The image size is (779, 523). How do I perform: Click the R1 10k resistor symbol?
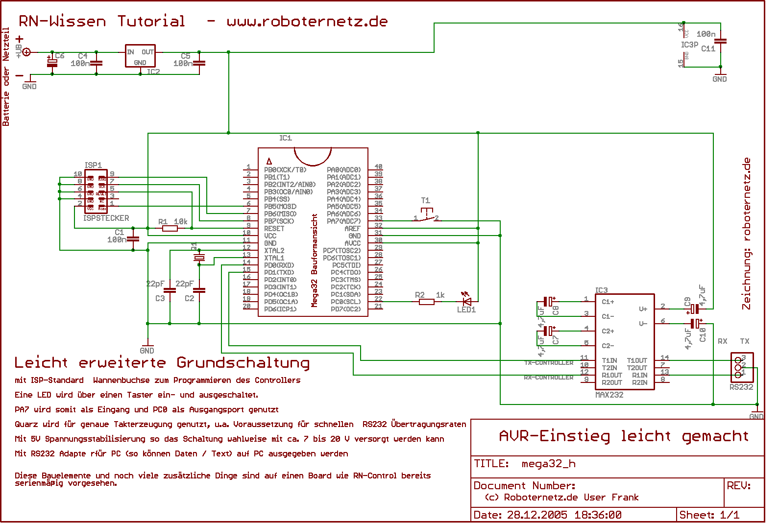(170, 228)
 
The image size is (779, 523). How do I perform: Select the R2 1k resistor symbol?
(427, 302)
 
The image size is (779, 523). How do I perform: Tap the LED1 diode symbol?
(466, 301)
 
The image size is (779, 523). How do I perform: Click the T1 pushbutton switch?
(426, 215)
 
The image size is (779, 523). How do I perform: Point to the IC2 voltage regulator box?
(140, 57)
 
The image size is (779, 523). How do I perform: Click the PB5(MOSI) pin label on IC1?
(280, 207)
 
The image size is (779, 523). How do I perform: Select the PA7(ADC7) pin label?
(343, 221)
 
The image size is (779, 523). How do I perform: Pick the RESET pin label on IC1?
(274, 229)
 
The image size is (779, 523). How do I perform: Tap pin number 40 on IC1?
(378, 167)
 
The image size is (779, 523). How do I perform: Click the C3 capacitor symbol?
(170, 290)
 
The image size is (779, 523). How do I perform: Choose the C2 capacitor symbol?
(199, 290)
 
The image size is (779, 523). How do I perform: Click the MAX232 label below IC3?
(609, 395)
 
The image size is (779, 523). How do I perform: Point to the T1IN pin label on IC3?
(609, 360)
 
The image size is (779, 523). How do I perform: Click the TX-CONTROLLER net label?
(549, 363)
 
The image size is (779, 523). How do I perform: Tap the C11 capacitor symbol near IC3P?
(720, 42)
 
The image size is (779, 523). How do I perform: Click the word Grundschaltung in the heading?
(243, 363)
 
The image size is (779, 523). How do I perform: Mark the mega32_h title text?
(548, 464)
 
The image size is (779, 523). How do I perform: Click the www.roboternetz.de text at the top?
(307, 22)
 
